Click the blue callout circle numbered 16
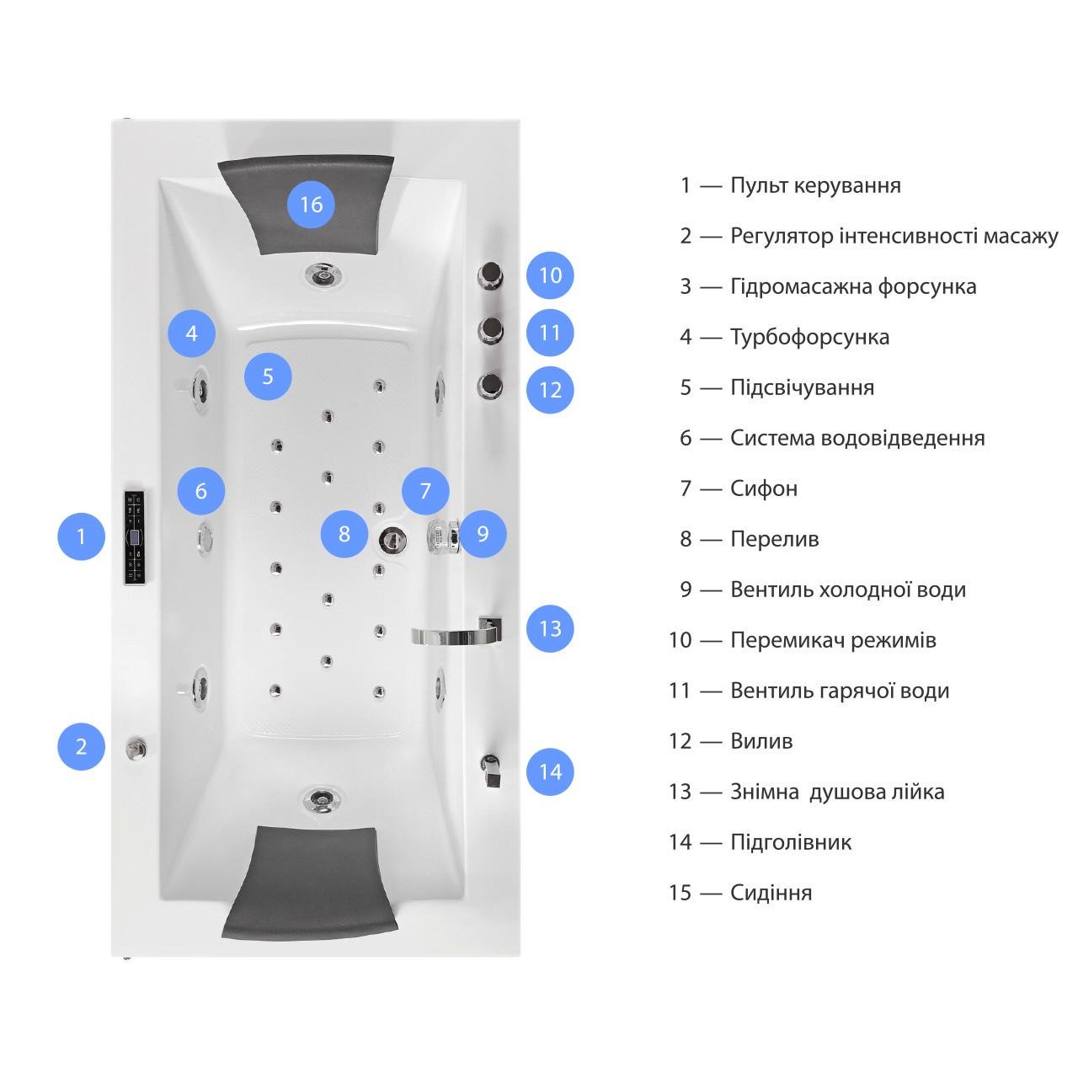[311, 205]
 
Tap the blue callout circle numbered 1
[81, 536]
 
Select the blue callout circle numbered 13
[550, 628]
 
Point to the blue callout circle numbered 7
[425, 491]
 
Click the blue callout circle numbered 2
[81, 746]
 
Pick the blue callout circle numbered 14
[550, 771]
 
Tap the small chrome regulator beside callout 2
[135, 747]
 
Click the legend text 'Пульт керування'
[815, 185]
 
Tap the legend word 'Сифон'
[763, 488]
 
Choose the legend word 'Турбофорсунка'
[809, 337]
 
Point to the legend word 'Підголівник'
[791, 842]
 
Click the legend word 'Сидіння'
[771, 893]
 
